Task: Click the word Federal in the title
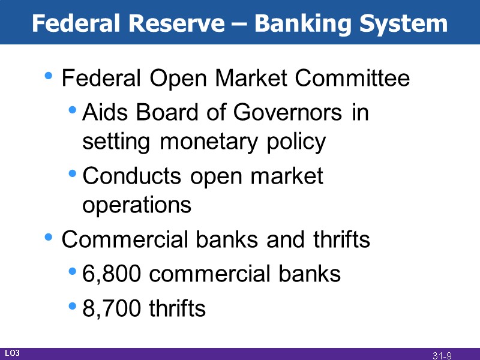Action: click(76, 23)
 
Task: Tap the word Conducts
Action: click(132, 176)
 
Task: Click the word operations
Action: click(137, 205)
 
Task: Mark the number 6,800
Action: click(112, 274)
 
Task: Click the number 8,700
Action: click(112, 309)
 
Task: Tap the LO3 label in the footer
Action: click(13, 353)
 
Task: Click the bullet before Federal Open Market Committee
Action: click(49, 77)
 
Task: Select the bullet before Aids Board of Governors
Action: click(73, 110)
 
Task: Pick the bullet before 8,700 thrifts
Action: click(73, 307)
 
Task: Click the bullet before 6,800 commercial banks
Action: click(73, 272)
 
